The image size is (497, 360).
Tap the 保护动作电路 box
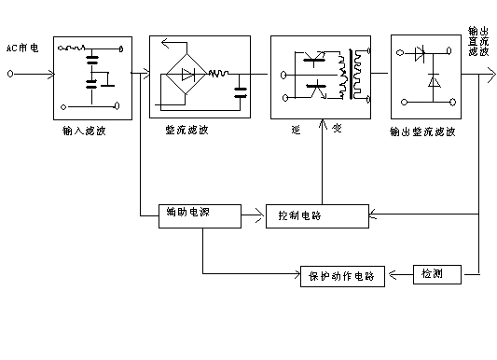(x=340, y=275)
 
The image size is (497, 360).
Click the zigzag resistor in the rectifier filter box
(x=220, y=72)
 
